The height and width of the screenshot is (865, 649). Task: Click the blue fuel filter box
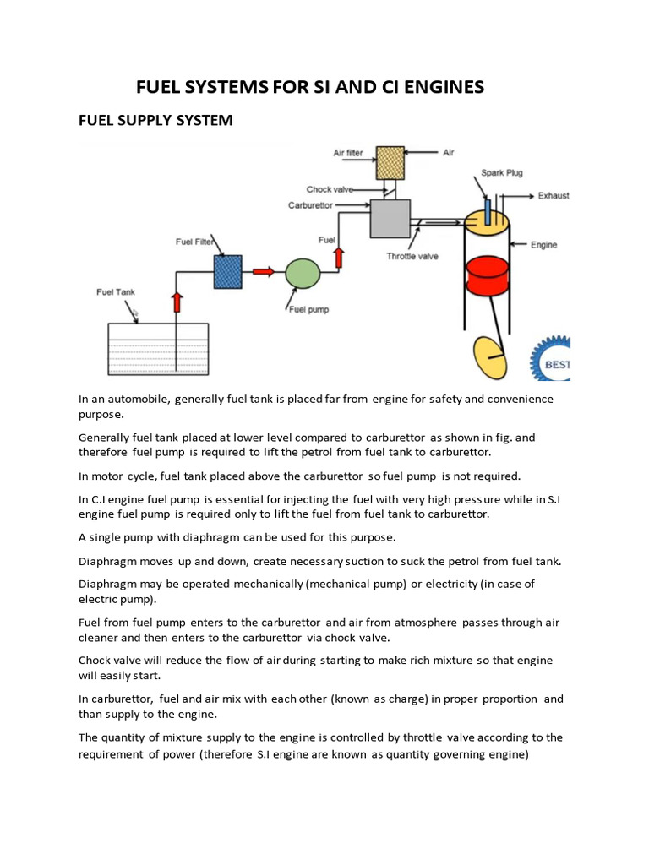[227, 272]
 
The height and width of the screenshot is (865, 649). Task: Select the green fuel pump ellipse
[303, 274]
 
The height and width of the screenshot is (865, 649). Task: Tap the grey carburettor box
[390, 219]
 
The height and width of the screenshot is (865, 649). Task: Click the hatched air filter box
[390, 160]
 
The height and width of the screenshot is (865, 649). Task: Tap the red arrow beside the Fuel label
[339, 256]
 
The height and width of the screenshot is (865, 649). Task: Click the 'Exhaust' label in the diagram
[554, 196]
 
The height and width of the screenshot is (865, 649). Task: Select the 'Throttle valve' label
[412, 257]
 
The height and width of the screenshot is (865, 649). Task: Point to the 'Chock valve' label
[329, 190]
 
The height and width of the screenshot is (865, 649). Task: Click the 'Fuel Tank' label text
[116, 292]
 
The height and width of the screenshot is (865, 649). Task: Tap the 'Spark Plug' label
[502, 173]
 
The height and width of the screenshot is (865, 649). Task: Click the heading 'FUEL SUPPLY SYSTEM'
[155, 121]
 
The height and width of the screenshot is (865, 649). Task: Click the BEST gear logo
[551, 358]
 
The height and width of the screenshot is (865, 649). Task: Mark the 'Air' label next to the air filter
[449, 153]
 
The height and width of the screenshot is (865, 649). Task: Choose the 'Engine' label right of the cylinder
[543, 245]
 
